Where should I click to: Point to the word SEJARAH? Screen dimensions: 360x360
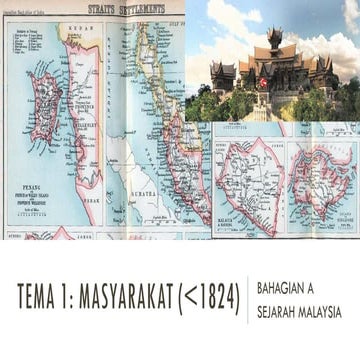coord(277,312)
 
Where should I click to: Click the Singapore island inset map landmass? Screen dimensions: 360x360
coord(320,180)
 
